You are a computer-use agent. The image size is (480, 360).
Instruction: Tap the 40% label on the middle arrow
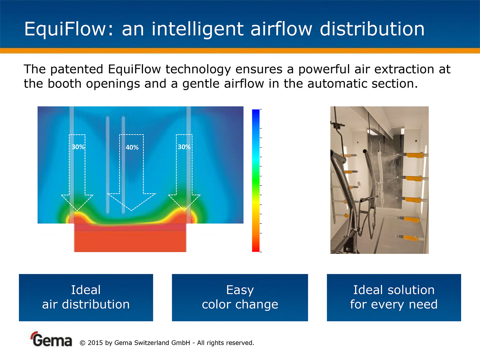[132, 147]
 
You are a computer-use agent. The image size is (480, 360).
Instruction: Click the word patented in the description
[76, 70]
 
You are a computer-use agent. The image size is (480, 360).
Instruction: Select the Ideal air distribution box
[86, 298]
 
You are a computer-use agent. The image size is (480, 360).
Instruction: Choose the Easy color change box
[240, 298]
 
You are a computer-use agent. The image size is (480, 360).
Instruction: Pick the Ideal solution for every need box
[394, 298]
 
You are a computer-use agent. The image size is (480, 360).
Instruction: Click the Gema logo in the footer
[51, 339]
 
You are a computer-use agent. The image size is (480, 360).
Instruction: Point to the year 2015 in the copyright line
[95, 343]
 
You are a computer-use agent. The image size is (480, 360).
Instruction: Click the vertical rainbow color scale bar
[256, 181]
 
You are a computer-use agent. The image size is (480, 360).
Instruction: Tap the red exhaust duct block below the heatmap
[130, 238]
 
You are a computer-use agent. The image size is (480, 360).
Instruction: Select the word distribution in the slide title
[372, 29]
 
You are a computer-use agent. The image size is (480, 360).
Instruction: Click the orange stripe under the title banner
[240, 51]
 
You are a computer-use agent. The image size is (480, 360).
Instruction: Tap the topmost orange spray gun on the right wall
[413, 155]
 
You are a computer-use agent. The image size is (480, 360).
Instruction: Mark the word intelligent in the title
[198, 29]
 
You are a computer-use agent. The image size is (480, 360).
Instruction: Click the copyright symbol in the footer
[82, 343]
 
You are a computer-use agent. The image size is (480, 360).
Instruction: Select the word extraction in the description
[404, 69]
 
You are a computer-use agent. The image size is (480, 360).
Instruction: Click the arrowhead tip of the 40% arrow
[132, 211]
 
